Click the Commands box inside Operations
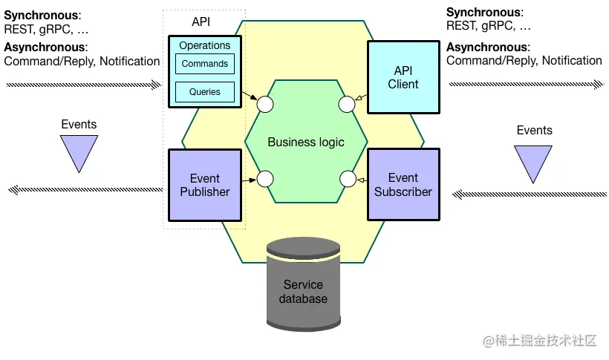coord(205,64)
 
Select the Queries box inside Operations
coord(205,92)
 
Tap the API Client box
coord(403,77)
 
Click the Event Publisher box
coord(205,185)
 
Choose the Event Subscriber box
coord(403,185)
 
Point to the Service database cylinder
coord(304,286)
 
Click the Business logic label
coord(306,142)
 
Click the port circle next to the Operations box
coord(264,103)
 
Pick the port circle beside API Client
coord(347,104)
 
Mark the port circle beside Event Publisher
coord(264,179)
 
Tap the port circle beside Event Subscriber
coord(347,179)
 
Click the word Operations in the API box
coord(205,45)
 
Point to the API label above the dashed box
coord(201,22)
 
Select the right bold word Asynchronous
coord(486,48)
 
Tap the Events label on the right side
coord(534,131)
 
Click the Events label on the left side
coord(79,125)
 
